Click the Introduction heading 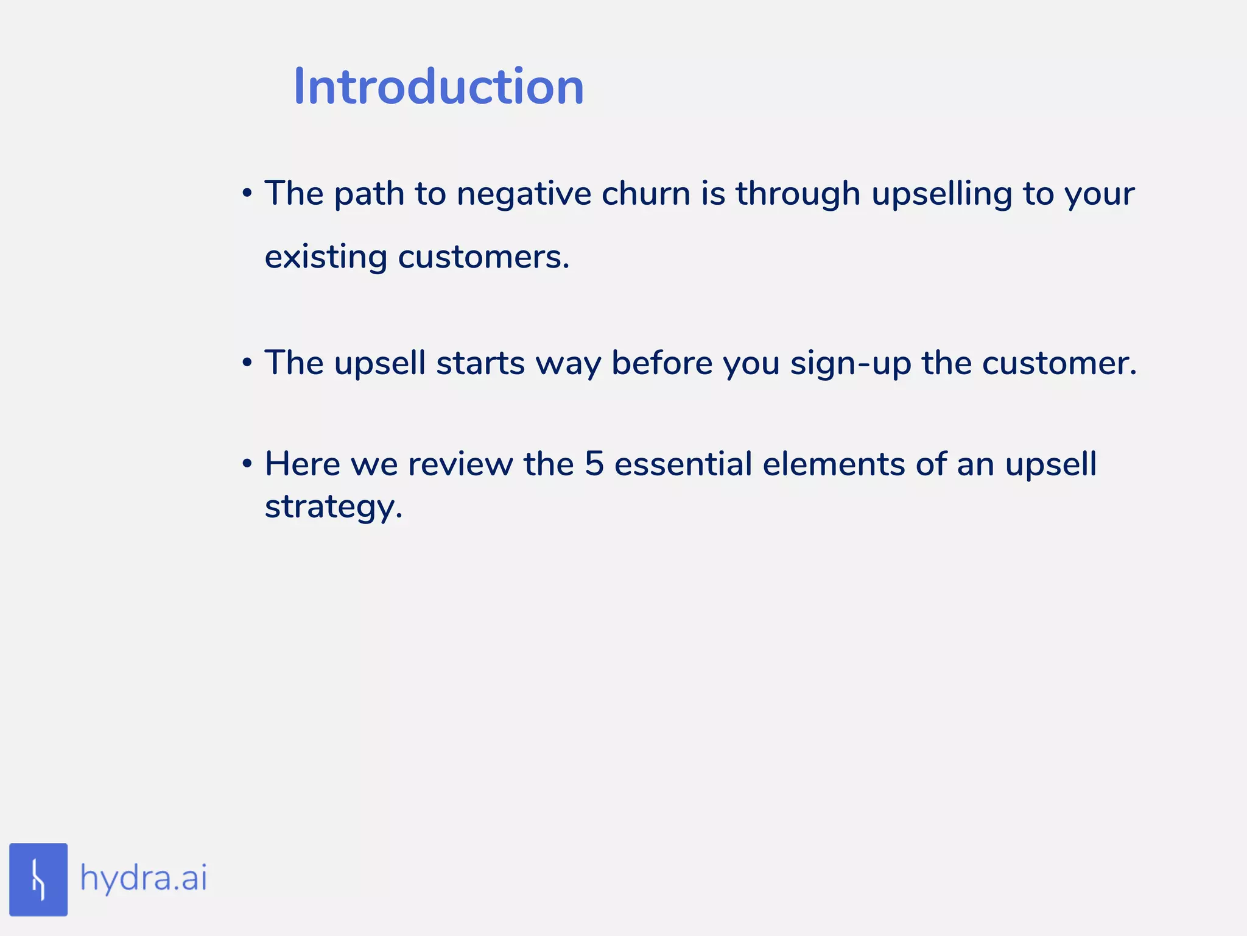pyautogui.click(x=438, y=87)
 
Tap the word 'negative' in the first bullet pyautogui.click(x=524, y=194)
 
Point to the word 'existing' pyautogui.click(x=326, y=257)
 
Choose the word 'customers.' pyautogui.click(x=483, y=257)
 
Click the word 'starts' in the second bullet pyautogui.click(x=480, y=363)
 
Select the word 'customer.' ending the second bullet pyautogui.click(x=1059, y=363)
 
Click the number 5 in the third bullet pyautogui.click(x=594, y=464)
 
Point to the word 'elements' pyautogui.click(x=834, y=464)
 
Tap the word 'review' pyautogui.click(x=460, y=464)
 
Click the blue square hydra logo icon pyautogui.click(x=38, y=879)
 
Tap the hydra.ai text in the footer pyautogui.click(x=144, y=879)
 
